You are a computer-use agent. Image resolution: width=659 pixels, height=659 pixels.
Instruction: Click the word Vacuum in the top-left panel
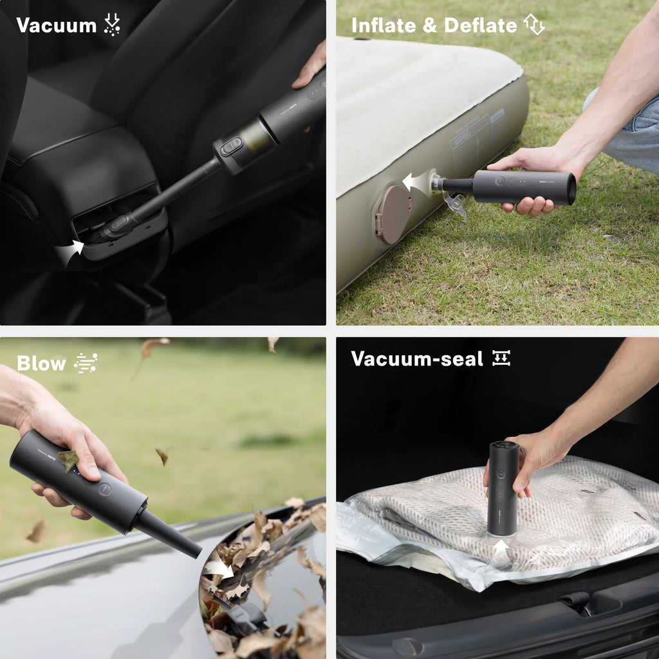56,26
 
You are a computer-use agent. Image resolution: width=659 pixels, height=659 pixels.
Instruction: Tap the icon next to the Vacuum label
112,25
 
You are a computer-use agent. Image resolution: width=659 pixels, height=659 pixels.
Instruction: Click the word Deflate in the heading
480,26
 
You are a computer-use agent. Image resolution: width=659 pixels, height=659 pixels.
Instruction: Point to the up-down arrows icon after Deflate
534,24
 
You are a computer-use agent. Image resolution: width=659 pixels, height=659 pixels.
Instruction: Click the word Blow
41,364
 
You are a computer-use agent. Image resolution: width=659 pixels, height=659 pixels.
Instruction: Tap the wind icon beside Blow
86,363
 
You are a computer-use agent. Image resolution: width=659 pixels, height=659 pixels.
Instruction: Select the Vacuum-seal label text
416,359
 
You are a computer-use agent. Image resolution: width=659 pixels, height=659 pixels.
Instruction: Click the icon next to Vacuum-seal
501,358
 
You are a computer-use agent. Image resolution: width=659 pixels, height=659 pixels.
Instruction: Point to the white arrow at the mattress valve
415,183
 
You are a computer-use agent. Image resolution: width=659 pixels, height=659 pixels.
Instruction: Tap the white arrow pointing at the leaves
219,568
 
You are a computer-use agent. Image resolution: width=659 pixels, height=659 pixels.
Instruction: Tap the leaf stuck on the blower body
68,459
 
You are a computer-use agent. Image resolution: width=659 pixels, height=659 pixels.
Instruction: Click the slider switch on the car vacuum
231,146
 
